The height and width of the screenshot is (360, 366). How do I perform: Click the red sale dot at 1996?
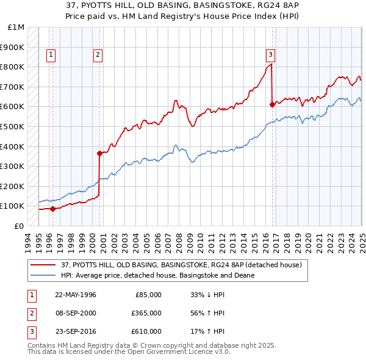tap(52, 209)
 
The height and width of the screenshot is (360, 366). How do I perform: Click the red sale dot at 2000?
tap(99, 153)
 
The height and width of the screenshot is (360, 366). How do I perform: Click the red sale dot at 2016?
tap(272, 104)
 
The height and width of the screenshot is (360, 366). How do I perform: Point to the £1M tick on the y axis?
tap(16, 27)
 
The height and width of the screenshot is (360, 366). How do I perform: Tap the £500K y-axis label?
tap(13, 126)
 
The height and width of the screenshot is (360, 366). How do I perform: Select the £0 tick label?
tap(19, 226)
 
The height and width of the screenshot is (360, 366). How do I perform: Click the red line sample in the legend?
tap(43, 265)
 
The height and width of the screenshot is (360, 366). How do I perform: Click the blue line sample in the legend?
tap(43, 275)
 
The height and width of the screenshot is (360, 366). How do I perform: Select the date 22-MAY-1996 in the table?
tap(76, 294)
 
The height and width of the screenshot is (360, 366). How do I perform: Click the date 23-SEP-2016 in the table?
tap(76, 332)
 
